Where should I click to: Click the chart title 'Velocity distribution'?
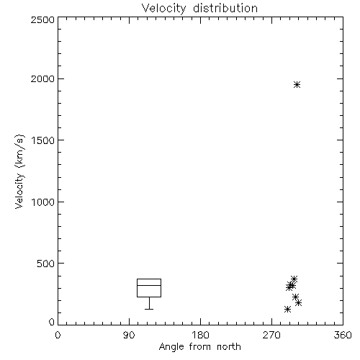(199, 8)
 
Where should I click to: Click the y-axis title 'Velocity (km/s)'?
(19, 171)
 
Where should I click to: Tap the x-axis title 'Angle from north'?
(199, 347)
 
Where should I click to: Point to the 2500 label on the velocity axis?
(42, 19)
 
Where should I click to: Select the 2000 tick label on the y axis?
(42, 78)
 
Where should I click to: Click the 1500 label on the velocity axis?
(43, 140)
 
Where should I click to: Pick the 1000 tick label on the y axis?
(43, 202)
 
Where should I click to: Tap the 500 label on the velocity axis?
(46, 264)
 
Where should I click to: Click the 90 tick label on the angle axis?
(129, 335)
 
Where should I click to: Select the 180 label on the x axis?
(201, 335)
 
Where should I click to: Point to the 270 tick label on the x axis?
(271, 335)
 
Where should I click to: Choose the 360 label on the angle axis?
(343, 335)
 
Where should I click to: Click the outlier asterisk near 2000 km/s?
(297, 85)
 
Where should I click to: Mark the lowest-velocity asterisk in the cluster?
(287, 309)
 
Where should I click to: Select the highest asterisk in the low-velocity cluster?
(294, 279)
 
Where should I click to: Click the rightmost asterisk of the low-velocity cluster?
(299, 302)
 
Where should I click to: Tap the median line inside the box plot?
(149, 285)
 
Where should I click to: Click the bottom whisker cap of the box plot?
(149, 309)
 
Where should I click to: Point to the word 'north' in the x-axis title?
(229, 347)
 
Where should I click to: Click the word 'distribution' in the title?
(225, 8)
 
